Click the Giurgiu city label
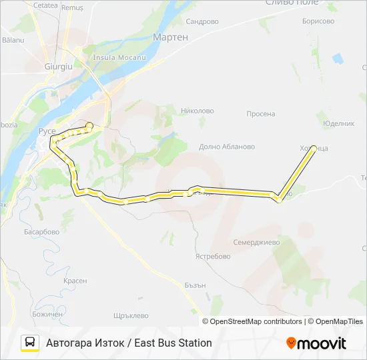[x=57, y=67]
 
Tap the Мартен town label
[x=171, y=38]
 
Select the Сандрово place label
[x=202, y=21]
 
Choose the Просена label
[x=260, y=114]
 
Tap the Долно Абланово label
[x=228, y=147]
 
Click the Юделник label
[x=338, y=123]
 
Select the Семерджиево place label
[x=257, y=242]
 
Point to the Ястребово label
[x=213, y=256]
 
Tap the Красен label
[x=75, y=281]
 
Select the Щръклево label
[x=130, y=315]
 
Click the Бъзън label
[x=194, y=285]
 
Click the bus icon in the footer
[x=30, y=343]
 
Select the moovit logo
[x=316, y=343]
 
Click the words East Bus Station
[x=173, y=343]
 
